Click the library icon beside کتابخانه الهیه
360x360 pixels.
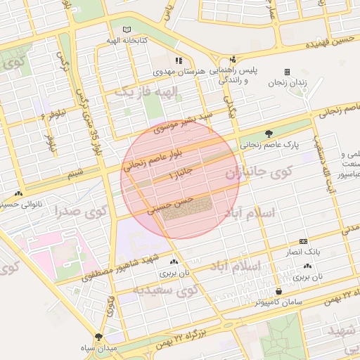[127, 30]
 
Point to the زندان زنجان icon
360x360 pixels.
[287, 72]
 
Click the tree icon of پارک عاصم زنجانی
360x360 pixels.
[269, 134]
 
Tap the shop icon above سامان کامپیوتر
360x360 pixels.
[279, 290]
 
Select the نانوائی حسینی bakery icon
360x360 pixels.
[18, 193]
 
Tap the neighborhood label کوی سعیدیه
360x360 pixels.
[167, 291]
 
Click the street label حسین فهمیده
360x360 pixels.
[331, 44]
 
